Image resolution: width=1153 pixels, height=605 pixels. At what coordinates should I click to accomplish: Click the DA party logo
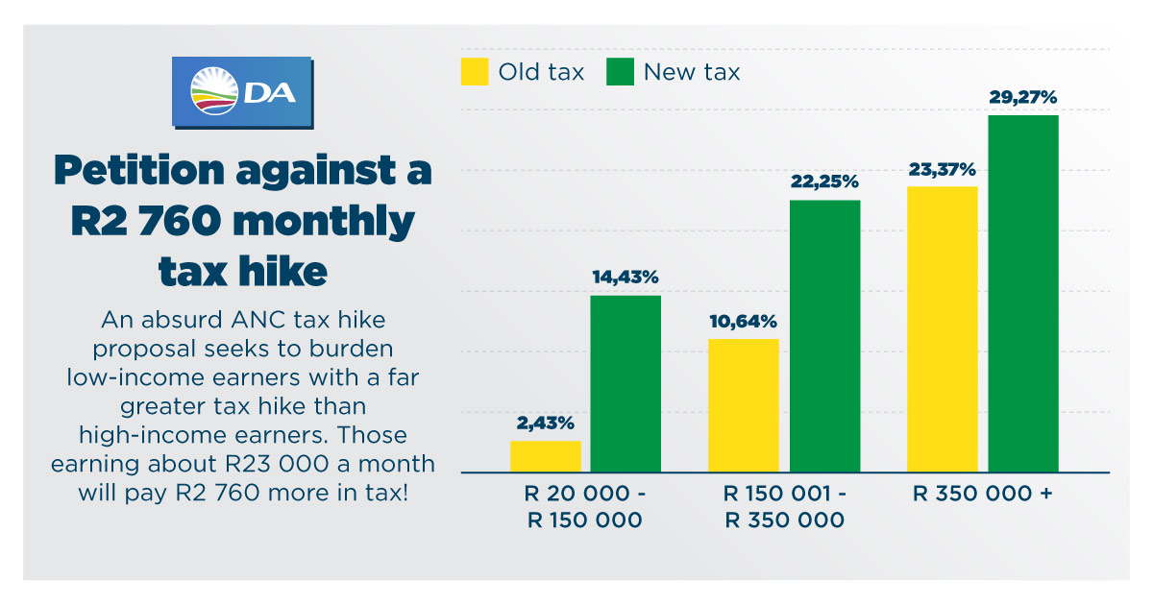tap(242, 92)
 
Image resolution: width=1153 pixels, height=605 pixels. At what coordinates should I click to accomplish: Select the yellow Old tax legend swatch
tap(475, 72)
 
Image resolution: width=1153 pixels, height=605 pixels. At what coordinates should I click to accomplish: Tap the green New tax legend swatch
tap(621, 72)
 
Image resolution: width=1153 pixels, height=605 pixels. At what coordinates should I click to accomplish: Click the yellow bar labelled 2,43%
tap(546, 456)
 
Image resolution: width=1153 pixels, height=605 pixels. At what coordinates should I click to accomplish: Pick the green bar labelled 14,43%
tap(626, 384)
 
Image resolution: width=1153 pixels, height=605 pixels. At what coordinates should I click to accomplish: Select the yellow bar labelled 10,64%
tap(744, 405)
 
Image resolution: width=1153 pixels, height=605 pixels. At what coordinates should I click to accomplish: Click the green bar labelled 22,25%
tap(824, 336)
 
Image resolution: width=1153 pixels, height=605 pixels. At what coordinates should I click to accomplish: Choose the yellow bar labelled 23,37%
tap(943, 329)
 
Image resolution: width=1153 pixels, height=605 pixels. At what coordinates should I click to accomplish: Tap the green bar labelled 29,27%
tap(1023, 294)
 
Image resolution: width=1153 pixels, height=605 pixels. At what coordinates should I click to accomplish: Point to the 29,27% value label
tap(1023, 97)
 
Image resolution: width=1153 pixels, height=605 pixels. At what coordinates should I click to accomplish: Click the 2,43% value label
tap(545, 423)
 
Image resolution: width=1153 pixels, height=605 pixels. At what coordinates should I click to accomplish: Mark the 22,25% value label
tap(824, 181)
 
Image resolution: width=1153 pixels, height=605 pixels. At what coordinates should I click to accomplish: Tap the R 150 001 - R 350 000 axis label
tap(784, 508)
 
